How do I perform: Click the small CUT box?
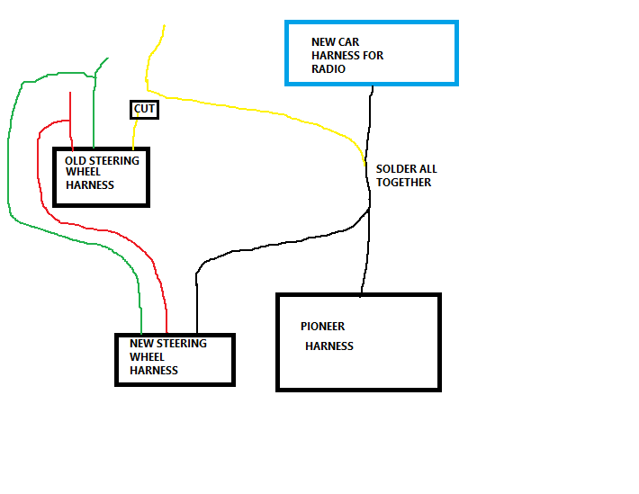coord(144,110)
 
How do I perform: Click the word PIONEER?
coord(322,327)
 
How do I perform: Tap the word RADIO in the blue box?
coord(328,69)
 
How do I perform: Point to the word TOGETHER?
coord(403,183)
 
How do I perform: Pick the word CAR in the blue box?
coord(350,42)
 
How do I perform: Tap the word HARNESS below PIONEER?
coord(329,346)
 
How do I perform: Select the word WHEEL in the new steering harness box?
coord(147,357)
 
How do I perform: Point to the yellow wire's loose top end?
coord(164,25)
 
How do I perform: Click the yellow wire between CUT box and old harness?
coord(134,132)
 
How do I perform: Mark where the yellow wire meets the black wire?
coord(364,166)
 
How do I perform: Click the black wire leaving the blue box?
coord(368,147)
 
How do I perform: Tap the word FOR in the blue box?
coord(374,56)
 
